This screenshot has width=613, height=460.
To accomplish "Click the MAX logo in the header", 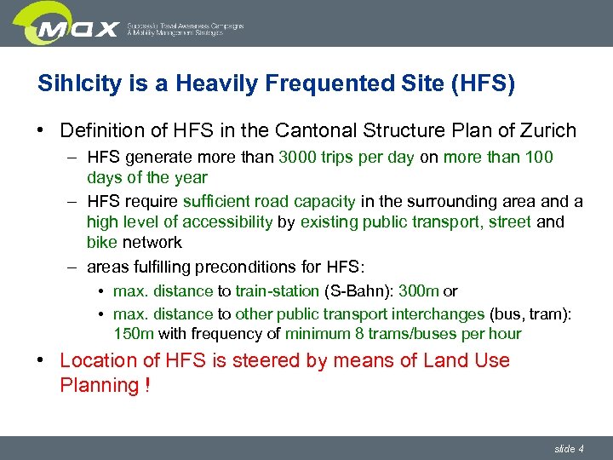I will coord(77,25).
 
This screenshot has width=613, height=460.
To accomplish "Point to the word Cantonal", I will coord(314,131).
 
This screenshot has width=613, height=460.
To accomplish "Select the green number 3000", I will coord(298,158).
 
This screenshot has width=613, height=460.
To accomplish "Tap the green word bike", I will coord(102,243).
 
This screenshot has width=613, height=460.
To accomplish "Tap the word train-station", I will coord(278,291).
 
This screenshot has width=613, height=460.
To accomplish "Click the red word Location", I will coord(98,361).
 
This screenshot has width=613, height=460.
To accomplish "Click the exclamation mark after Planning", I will coord(148,385).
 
